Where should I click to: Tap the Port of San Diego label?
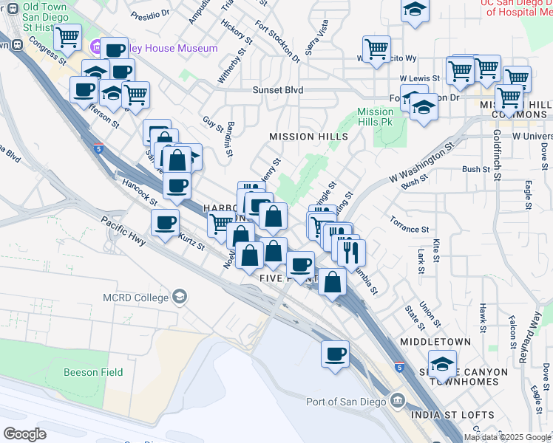click(346, 402)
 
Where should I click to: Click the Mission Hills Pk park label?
click(375, 117)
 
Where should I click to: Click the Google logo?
click(25, 433)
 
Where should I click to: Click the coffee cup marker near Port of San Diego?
click(336, 354)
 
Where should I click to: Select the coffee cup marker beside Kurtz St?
click(165, 221)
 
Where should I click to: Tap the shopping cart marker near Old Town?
click(68, 35)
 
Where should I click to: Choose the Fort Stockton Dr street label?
click(279, 41)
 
